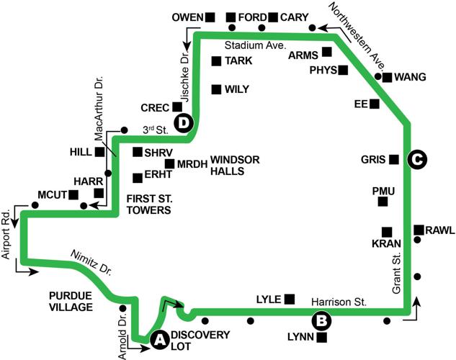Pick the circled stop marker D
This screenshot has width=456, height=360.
point(185,122)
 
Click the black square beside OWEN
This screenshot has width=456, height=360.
point(210,17)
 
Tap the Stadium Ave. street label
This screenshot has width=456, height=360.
point(256,45)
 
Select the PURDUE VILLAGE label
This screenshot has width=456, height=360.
point(71,301)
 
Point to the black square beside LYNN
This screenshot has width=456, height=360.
point(321,337)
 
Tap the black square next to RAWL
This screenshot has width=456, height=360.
point(419,230)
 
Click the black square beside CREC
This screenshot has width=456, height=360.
point(176,107)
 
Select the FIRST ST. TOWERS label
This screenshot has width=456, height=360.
point(148,204)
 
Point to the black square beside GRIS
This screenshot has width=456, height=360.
point(393,159)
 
